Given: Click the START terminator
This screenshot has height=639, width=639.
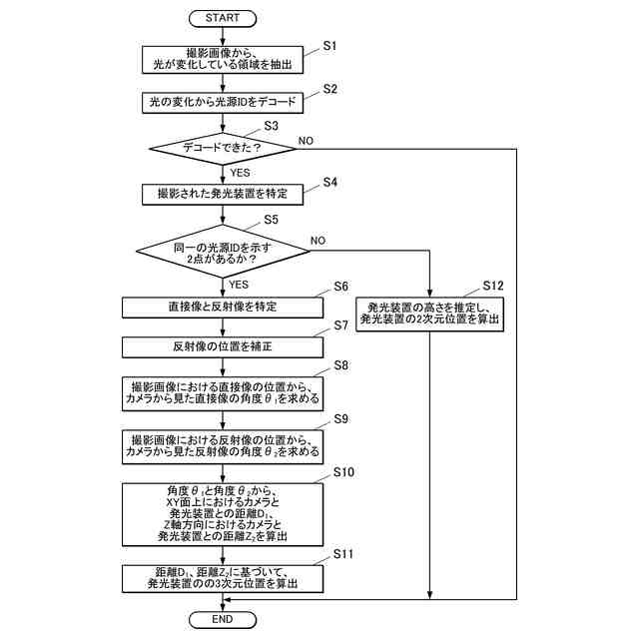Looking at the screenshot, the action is click(x=223, y=18).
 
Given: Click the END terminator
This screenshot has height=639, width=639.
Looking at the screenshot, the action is click(x=223, y=620).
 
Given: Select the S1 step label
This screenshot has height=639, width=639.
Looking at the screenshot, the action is click(x=329, y=46).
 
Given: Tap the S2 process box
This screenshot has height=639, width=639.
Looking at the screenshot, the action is click(x=223, y=103).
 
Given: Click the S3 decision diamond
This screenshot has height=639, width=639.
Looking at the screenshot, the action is click(x=223, y=149).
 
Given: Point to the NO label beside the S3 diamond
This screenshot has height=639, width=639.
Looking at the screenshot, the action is click(x=306, y=141).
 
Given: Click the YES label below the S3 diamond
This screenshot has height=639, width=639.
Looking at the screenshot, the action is click(x=240, y=173).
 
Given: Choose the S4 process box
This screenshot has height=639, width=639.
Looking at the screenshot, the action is click(x=223, y=195).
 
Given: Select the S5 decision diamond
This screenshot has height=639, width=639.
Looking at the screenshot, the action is click(x=223, y=251).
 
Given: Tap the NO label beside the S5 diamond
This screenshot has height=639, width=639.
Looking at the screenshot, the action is click(x=318, y=241).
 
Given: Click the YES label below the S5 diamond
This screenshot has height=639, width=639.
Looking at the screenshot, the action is click(x=239, y=285).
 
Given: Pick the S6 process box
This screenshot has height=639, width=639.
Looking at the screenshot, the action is click(x=223, y=308).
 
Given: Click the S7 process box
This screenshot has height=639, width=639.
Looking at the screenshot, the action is click(x=223, y=347).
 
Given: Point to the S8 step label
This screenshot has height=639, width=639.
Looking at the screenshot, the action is click(x=341, y=365).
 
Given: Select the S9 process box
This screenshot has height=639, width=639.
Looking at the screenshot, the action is click(x=223, y=447).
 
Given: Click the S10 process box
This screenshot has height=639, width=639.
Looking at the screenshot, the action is click(x=223, y=515).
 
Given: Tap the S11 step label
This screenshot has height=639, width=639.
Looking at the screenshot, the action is click(x=343, y=554).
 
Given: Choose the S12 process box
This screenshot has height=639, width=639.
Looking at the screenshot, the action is click(x=429, y=314).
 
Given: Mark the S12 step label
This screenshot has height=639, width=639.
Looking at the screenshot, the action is click(x=493, y=286).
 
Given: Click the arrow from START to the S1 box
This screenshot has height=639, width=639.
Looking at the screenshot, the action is click(x=223, y=37).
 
